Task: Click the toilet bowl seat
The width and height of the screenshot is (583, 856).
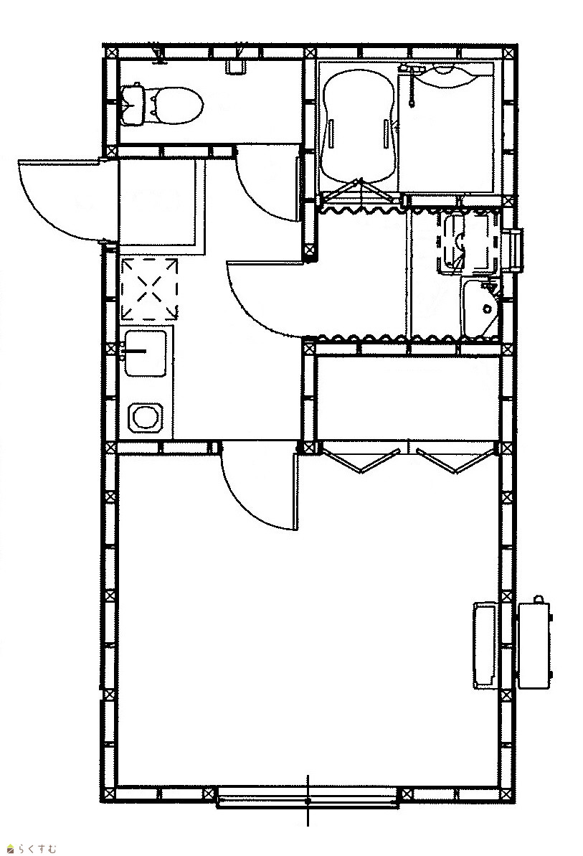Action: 175,105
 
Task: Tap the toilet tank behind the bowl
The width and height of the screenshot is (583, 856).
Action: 133,104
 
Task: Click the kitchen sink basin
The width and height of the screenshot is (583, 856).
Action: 145,353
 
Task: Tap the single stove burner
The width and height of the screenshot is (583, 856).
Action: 146,418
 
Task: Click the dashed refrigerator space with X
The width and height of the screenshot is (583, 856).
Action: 150,288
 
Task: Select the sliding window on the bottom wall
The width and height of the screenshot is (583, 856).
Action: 308,797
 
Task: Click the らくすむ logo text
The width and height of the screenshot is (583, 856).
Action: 34,849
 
